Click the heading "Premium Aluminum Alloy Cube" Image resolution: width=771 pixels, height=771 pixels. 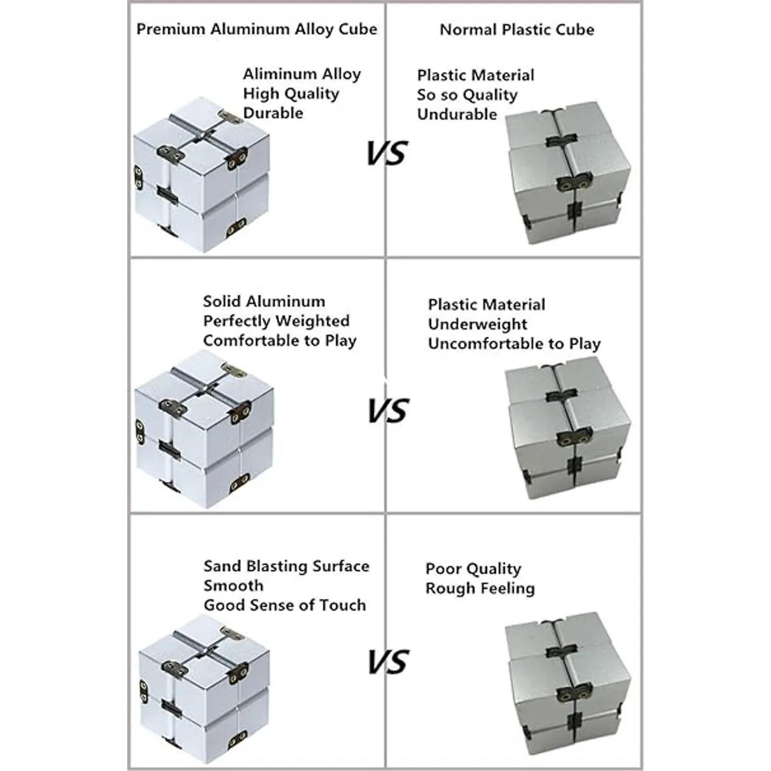pyautogui.click(x=257, y=30)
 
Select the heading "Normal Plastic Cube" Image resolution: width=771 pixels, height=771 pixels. pyautogui.click(x=517, y=30)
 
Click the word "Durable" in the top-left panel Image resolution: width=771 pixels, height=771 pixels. pyautogui.click(x=273, y=113)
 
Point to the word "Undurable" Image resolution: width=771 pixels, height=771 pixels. pyautogui.click(x=457, y=114)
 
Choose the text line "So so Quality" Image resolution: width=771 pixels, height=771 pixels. pyautogui.click(x=467, y=95)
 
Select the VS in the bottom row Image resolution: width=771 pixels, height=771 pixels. pyautogui.click(x=388, y=661)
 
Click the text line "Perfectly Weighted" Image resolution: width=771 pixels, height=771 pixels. pyautogui.click(x=276, y=321)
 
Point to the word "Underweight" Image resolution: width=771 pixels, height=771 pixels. pyautogui.click(x=478, y=324)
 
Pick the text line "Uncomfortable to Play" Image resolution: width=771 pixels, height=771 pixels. pyautogui.click(x=515, y=344)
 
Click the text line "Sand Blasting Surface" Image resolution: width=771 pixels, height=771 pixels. pyautogui.click(x=287, y=566)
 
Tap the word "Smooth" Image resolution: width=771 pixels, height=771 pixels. pyautogui.click(x=234, y=586)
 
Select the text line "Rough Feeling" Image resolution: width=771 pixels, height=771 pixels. pyautogui.click(x=480, y=588)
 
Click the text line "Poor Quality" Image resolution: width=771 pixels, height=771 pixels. pyautogui.click(x=474, y=569)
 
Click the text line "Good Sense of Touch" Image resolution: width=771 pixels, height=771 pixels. pyautogui.click(x=285, y=605)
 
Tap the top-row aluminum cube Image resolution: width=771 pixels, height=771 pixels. pyautogui.click(x=202, y=175)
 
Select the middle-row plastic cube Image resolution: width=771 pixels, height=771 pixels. pyautogui.click(x=568, y=428)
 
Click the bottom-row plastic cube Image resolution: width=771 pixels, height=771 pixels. pyautogui.click(x=568, y=681)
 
